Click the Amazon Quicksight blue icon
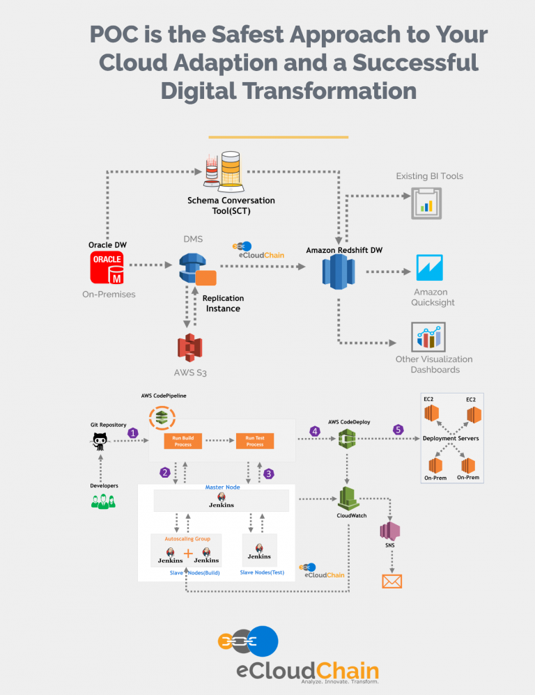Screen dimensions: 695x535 pos(429,267)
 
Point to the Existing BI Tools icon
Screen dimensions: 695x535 pos(426,203)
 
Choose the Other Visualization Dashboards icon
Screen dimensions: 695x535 pos(428,336)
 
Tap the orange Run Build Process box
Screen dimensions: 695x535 pos(183,441)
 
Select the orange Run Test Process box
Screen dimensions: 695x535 pos(255,441)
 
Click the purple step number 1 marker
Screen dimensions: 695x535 pos(133,432)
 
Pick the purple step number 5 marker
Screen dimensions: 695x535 pos(398,430)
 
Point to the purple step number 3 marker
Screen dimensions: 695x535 pos(268,474)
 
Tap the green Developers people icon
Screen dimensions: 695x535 pos(102,501)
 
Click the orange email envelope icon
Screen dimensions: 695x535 pos(392,580)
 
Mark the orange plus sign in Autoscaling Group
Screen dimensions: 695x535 pos(187,554)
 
